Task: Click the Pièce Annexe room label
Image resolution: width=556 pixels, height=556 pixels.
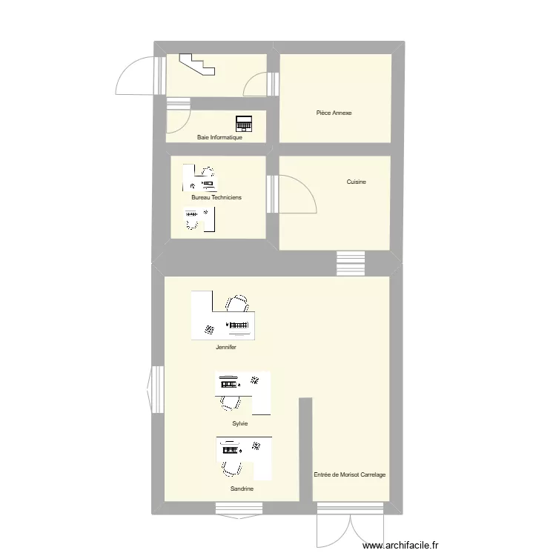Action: [334, 113]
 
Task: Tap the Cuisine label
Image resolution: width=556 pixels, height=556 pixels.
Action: [356, 182]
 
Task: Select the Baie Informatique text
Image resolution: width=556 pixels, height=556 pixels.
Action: [219, 137]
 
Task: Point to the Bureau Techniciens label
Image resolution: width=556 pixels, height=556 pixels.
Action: [216, 197]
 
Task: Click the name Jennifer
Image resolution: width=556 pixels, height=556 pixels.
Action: [226, 347]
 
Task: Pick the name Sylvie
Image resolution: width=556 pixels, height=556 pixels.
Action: [239, 423]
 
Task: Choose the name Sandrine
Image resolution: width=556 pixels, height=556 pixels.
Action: [242, 489]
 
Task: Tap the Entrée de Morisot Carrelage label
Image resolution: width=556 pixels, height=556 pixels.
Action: [349, 474]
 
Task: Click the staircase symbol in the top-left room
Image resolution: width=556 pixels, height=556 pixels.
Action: [199, 64]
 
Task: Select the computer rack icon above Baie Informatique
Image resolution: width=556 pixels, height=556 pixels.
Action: [244, 123]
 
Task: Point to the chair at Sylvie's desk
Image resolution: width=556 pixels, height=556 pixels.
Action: [230, 401]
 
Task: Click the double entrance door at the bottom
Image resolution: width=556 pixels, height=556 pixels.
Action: [338, 526]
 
